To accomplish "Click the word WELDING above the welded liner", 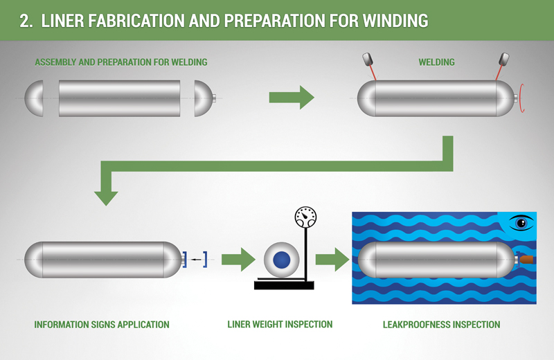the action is [x=436, y=62].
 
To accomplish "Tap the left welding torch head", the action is [x=368, y=59].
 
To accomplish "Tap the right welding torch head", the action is [x=503, y=59].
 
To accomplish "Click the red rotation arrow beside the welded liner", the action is [x=521, y=98].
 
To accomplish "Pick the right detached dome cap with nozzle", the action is [x=204, y=98].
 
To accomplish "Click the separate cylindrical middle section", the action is [x=119, y=98].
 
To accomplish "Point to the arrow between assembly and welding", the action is [x=292, y=97].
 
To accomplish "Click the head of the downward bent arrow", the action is [x=106, y=198].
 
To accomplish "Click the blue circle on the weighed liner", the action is [x=282, y=260].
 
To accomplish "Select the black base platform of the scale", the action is [x=284, y=285].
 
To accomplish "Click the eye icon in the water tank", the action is [x=521, y=223].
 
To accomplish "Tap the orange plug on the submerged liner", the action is [x=526, y=260].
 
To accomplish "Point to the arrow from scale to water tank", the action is [x=332, y=260].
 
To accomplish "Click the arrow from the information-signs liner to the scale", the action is [x=238, y=260].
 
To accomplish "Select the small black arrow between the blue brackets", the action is [x=196, y=260].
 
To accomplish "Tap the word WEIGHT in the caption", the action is [x=268, y=324].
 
